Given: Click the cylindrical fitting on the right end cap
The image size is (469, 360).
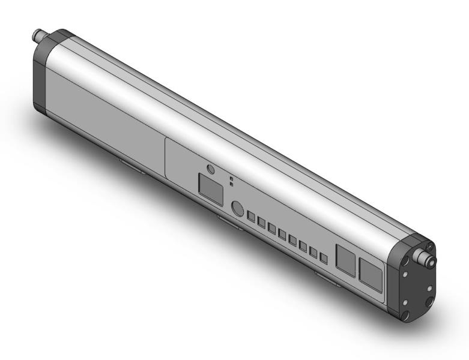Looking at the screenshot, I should point(429,260).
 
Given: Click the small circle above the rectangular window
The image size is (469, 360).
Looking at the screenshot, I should point(210,170).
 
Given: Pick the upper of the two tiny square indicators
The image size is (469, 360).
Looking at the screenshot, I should point(232,178).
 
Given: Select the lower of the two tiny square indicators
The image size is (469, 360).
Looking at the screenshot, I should point(232,184).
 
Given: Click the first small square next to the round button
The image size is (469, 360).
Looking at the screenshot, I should point(252,216).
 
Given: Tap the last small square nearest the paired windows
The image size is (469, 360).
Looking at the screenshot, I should point(324,259).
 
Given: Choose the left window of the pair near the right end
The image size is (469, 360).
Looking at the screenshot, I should point(345,260).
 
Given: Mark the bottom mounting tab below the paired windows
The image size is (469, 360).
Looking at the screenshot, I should point(327,278).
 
